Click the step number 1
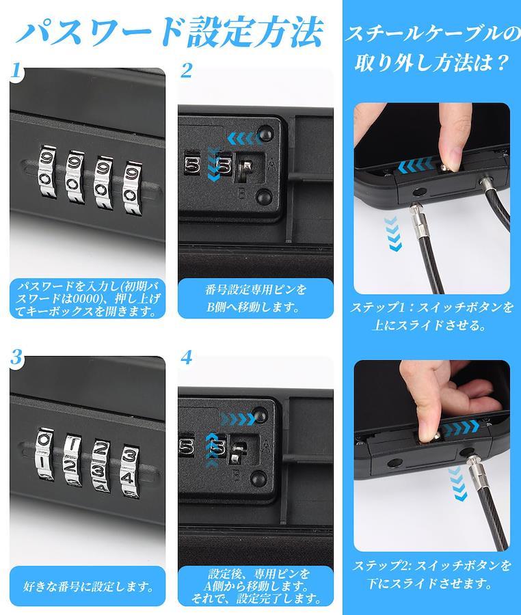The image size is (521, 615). pos(16,70)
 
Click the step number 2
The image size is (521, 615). pos(187,70)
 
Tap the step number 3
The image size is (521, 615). pos(16,357)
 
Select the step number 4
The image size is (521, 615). pos(187,357)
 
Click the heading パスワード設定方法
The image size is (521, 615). pos(170,31)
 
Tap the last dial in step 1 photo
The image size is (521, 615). pos(132,187)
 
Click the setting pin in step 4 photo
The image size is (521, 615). pos(238,452)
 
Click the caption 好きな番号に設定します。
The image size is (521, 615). pos(88,586)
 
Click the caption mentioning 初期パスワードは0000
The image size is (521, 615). pos(88,299)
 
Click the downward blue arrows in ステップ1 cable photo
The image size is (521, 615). pos(392,234)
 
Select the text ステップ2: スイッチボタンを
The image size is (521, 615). pos(431,565)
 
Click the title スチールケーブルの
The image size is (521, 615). pos(432,35)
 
